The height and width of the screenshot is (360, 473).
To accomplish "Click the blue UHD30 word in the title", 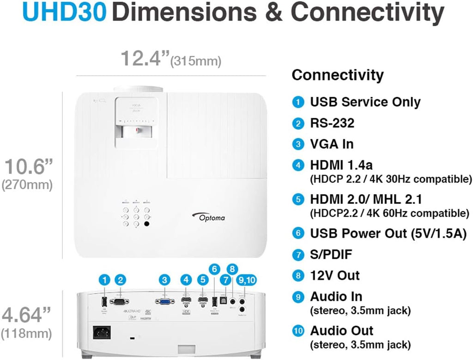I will [64, 14].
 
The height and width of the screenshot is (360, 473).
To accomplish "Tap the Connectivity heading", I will [338, 75].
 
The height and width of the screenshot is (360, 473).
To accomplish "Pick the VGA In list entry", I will [332, 144].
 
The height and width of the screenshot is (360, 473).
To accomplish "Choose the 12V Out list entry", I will [335, 275].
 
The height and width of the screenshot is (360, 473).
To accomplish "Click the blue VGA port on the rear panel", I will [164, 301].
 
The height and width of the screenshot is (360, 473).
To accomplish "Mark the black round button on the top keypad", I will [147, 224].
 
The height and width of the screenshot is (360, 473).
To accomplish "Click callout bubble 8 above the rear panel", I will [232, 268].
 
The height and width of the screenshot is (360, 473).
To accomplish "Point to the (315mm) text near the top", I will [196, 61].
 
